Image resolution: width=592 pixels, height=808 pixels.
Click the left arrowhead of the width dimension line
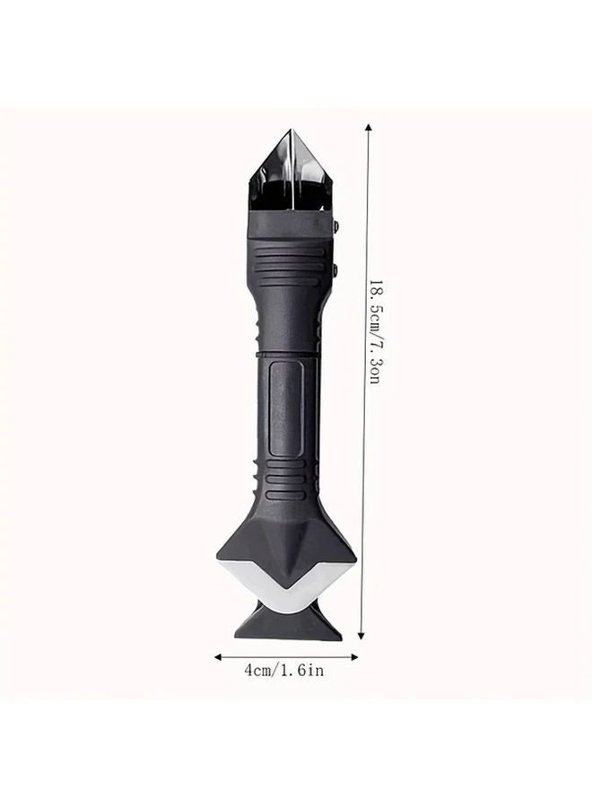click(x=217, y=656)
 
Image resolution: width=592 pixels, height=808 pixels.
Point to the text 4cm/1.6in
click(x=284, y=672)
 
